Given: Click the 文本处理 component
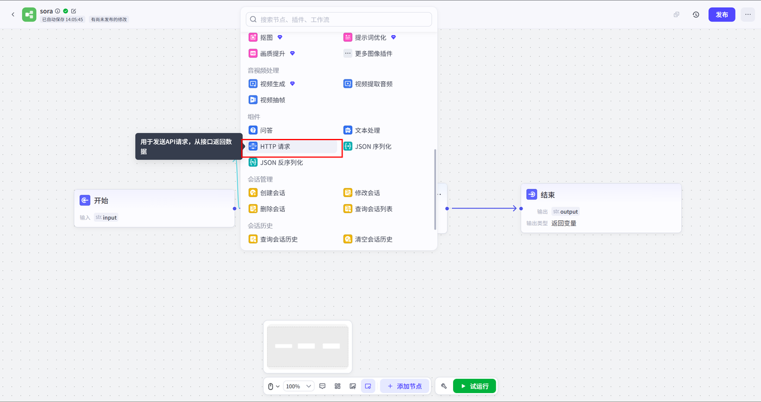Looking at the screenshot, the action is tap(361, 130).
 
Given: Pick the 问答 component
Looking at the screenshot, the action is tap(260, 130).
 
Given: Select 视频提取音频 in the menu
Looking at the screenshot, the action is tap(368, 84).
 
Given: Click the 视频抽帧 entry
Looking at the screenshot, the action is tap(267, 100).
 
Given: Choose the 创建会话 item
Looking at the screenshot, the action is tap(267, 193).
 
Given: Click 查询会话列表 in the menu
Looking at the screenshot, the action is tap(368, 208).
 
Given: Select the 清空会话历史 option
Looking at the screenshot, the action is tap(368, 239).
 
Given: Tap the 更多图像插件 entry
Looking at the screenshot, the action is tap(368, 53).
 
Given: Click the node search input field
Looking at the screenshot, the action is tap(339, 20).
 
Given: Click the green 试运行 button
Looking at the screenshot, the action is tap(474, 386).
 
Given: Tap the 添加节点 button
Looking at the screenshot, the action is tap(405, 386).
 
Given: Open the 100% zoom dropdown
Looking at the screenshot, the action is tap(298, 386).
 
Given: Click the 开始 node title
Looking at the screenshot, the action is tap(101, 201).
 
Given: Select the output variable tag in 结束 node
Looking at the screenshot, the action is tap(565, 211).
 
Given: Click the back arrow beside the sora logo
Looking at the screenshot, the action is tap(13, 14).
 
